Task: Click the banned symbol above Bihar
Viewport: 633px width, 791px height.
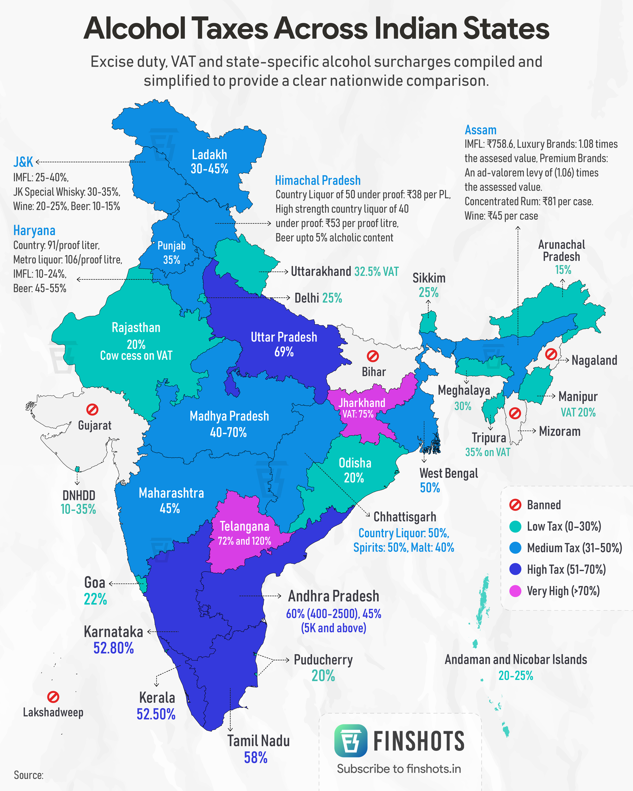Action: click(373, 356)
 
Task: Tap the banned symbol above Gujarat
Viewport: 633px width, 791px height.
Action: click(92, 409)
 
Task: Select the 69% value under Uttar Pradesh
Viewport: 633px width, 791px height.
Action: click(284, 352)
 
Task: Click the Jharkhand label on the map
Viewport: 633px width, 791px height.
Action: click(362, 403)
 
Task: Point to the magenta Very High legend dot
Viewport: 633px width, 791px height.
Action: click(515, 591)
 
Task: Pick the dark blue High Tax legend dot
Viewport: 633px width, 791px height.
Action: click(515, 570)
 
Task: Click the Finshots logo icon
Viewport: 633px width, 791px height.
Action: click(350, 740)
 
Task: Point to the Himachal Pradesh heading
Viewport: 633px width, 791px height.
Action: click(318, 181)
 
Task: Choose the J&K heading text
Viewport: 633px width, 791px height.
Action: click(23, 162)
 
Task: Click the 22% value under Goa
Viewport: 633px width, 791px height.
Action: click(95, 600)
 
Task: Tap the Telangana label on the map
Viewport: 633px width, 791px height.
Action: click(244, 526)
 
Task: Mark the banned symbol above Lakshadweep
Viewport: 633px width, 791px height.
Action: click(53, 697)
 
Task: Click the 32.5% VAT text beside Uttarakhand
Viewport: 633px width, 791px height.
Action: click(376, 271)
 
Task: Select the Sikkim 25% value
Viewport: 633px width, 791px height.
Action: click(429, 292)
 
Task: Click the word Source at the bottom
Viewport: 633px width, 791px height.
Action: click(28, 775)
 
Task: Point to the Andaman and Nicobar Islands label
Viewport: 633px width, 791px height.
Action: click(516, 660)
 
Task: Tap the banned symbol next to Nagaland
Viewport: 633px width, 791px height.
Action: click(551, 354)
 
